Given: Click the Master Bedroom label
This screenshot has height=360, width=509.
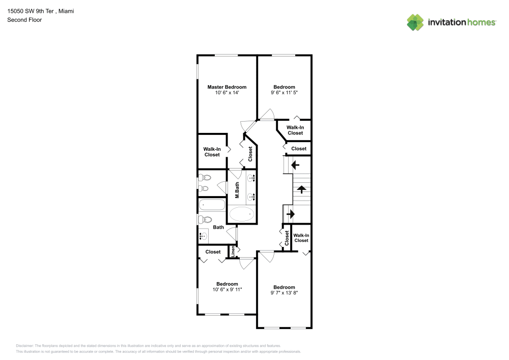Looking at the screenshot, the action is coord(227,87).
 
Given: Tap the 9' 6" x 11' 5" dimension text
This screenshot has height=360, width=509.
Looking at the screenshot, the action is coord(284,93).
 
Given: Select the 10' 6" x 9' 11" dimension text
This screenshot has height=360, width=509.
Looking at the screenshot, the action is coord(227,290).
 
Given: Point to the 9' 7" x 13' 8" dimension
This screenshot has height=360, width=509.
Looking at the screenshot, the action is coord(284,293).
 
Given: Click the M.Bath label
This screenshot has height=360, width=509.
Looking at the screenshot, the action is coord(237,190).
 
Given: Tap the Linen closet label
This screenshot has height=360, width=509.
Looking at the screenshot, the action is coord(233,251).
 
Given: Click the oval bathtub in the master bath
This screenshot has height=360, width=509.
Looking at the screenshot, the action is coord(242,214).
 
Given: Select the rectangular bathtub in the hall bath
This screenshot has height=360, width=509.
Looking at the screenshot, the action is coord(212,205).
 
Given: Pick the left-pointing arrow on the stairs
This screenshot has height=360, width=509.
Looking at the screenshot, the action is coord(295,165).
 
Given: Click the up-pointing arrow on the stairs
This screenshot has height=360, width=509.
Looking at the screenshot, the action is coord(301,189).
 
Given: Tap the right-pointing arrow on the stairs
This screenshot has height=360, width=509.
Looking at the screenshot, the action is coord(290,214).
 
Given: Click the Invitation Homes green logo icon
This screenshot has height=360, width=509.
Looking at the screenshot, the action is coord(415,22).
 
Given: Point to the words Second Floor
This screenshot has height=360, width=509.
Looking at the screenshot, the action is coord(24,20).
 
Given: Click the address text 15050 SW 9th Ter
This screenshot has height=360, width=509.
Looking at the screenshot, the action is coord(31,11).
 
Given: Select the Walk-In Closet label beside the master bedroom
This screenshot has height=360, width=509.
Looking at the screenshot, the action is coord(212,152).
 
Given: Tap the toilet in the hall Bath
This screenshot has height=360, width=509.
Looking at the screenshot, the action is coord(205,219).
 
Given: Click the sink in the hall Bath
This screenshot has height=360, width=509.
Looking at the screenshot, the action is coord(203,236).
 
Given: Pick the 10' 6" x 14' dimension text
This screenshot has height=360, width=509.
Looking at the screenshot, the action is coord(227,93).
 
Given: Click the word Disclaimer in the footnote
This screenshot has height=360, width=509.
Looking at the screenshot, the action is coord(24,346).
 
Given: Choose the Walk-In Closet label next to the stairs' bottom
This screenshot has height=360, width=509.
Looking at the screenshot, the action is coord(301,238).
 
